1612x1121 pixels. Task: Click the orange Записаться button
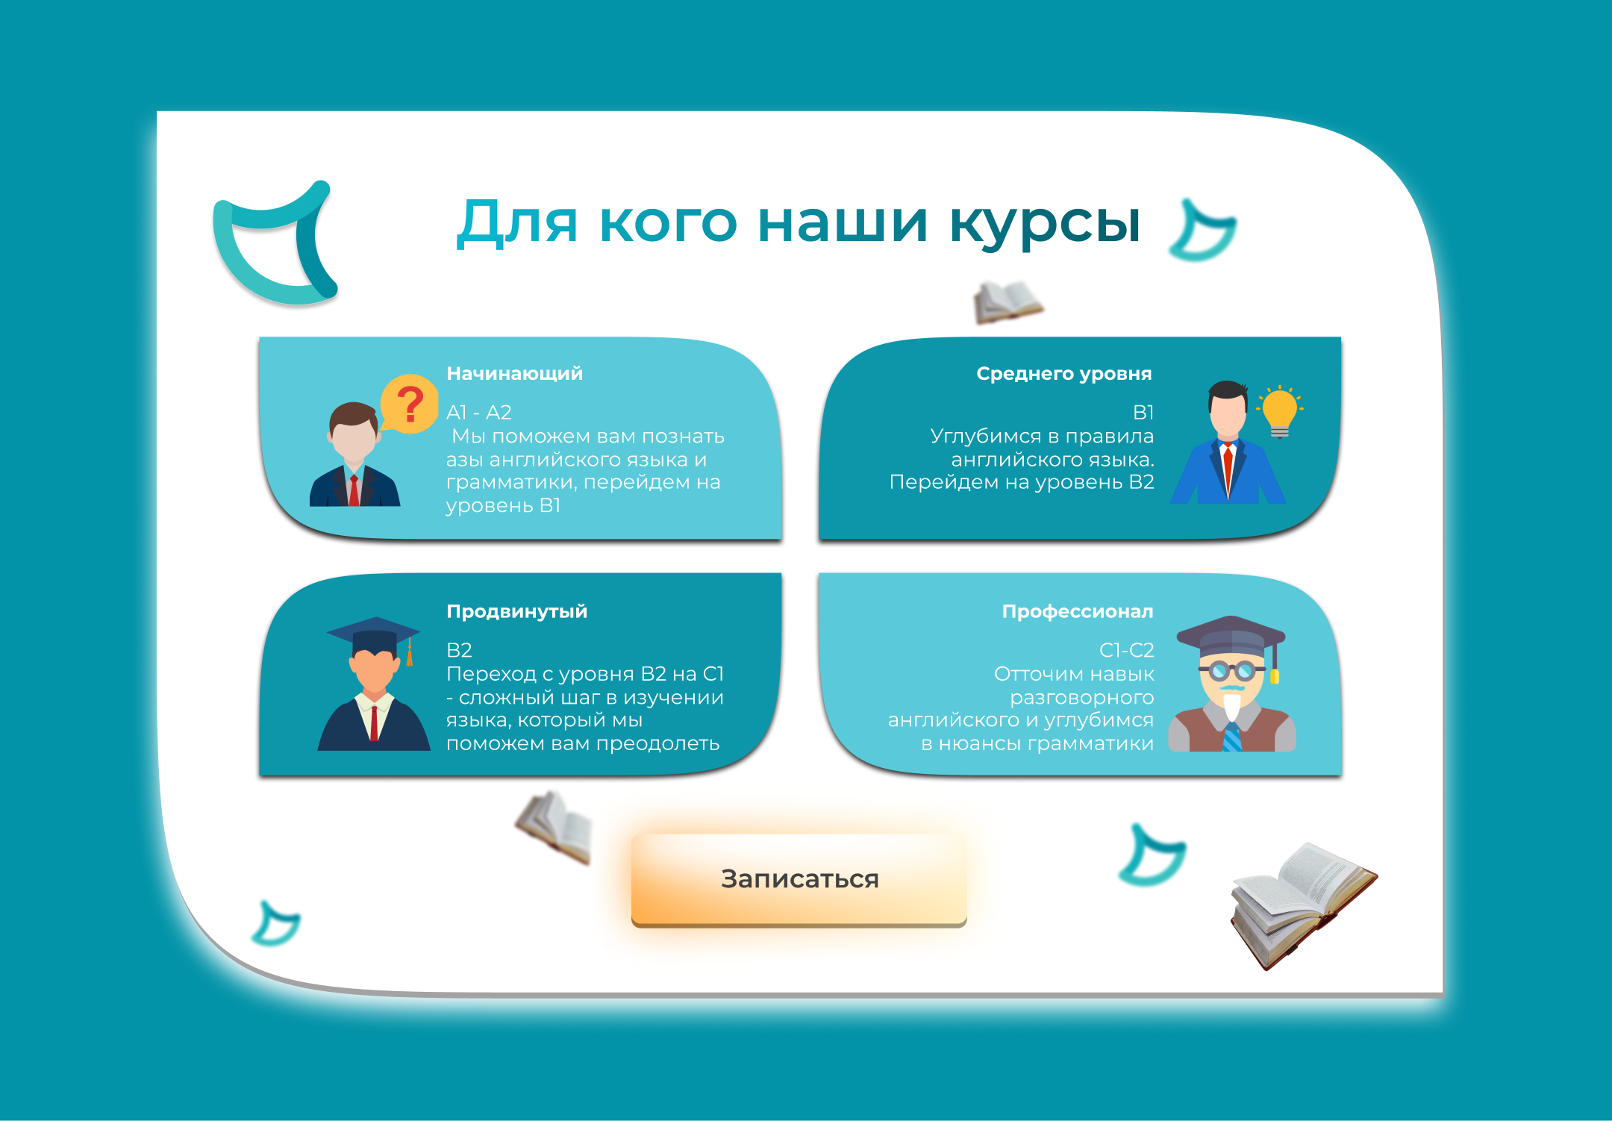pyautogui.click(x=799, y=879)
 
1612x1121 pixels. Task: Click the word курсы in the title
pyautogui.click(x=1045, y=223)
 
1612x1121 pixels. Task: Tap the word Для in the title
pyautogui.click(x=517, y=222)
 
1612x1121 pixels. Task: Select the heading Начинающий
pyautogui.click(x=514, y=373)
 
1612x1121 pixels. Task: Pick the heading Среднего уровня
pyautogui.click(x=1064, y=373)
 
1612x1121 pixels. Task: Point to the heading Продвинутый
pyautogui.click(x=516, y=611)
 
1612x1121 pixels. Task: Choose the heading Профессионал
pyautogui.click(x=1078, y=611)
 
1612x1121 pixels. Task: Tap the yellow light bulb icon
pyautogui.click(x=1280, y=410)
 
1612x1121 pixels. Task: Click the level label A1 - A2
pyautogui.click(x=478, y=412)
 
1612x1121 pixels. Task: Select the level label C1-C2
pyautogui.click(x=1126, y=650)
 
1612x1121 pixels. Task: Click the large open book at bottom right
pyautogui.click(x=1303, y=905)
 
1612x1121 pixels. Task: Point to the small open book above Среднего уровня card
pyautogui.click(x=1008, y=302)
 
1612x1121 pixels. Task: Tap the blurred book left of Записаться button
pyautogui.click(x=554, y=827)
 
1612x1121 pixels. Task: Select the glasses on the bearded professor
pyautogui.click(x=1231, y=670)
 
